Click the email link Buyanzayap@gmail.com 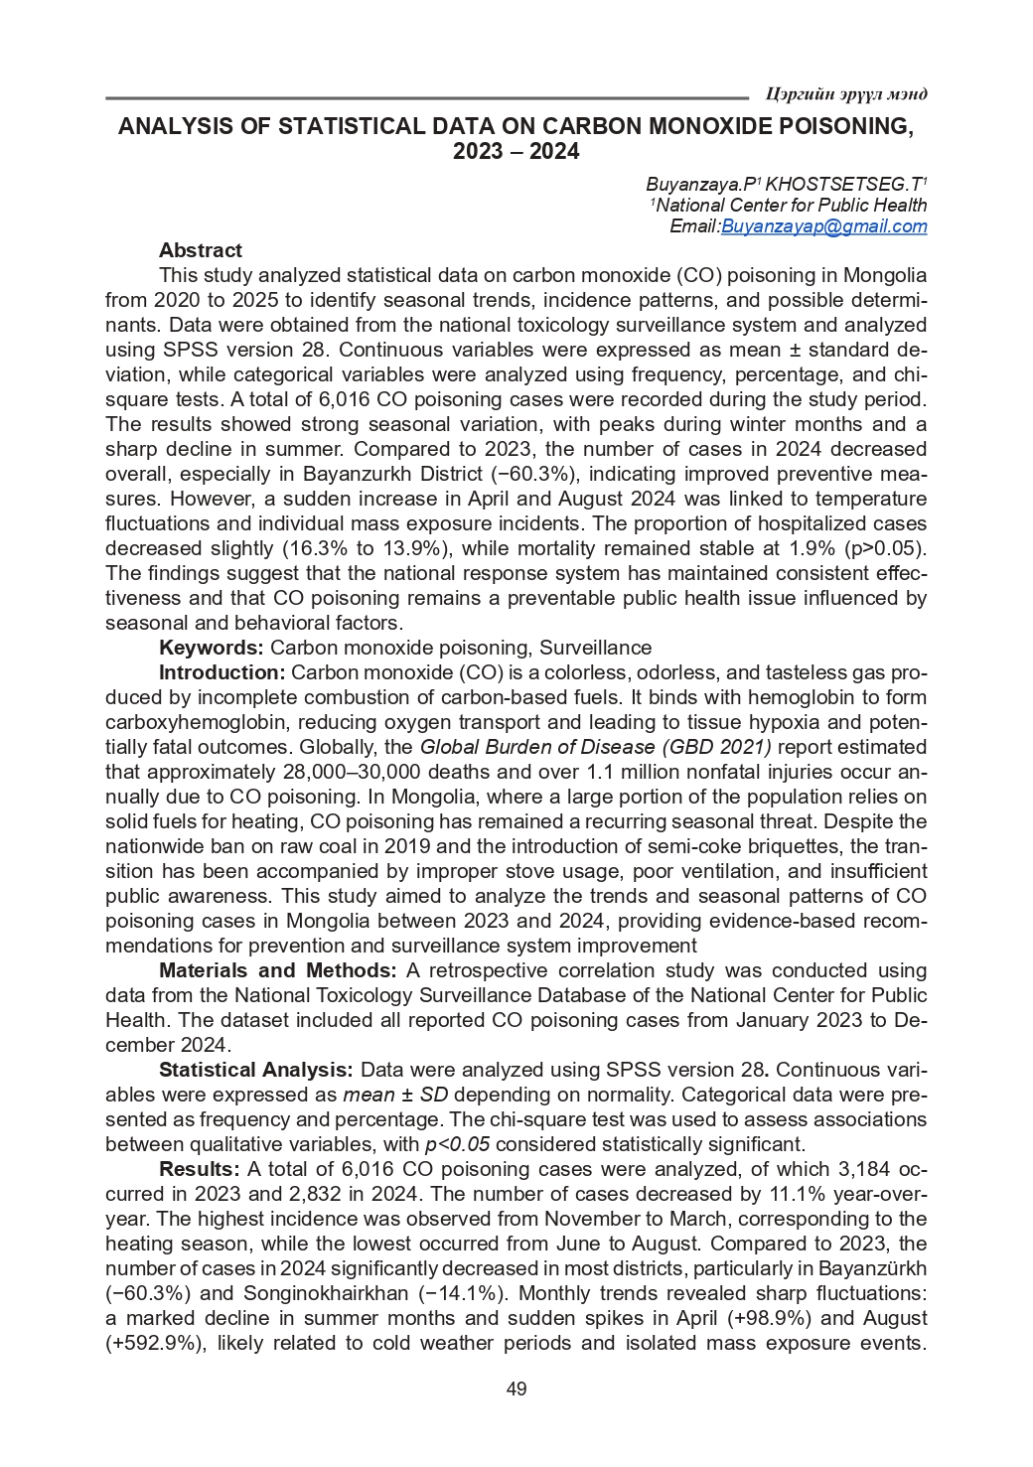point(823,226)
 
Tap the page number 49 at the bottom point(516,1389)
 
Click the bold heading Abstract point(200,250)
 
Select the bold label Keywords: point(211,648)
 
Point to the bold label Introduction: point(221,672)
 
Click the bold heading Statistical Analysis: point(255,1070)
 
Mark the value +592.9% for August point(145,1343)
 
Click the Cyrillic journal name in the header point(846,94)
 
